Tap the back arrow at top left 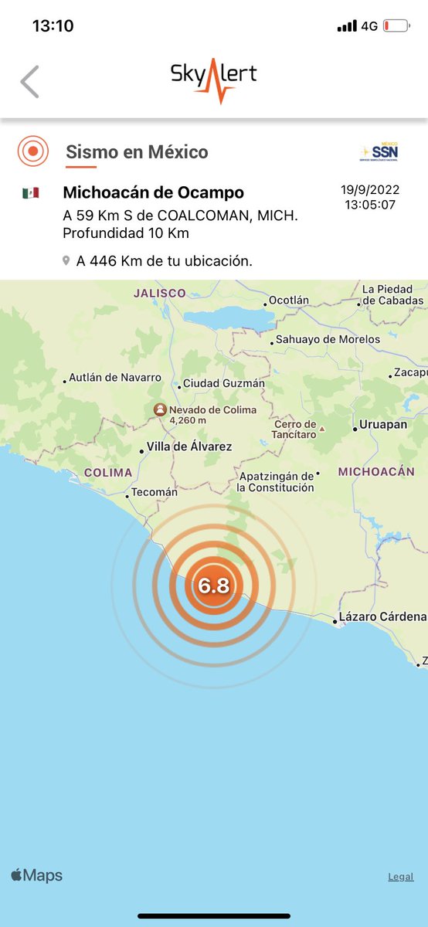click(x=29, y=82)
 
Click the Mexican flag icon click(x=31, y=193)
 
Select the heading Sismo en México click(x=137, y=152)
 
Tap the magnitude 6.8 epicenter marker click(x=213, y=586)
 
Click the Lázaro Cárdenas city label click(x=382, y=616)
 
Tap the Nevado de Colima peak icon click(x=159, y=409)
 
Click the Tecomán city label click(x=154, y=492)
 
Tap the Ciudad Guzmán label click(x=223, y=383)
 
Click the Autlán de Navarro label click(x=114, y=378)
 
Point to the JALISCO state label click(x=159, y=294)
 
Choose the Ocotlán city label click(x=288, y=301)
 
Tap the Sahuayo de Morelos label click(x=328, y=339)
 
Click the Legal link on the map click(x=400, y=877)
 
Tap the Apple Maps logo click(x=36, y=875)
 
